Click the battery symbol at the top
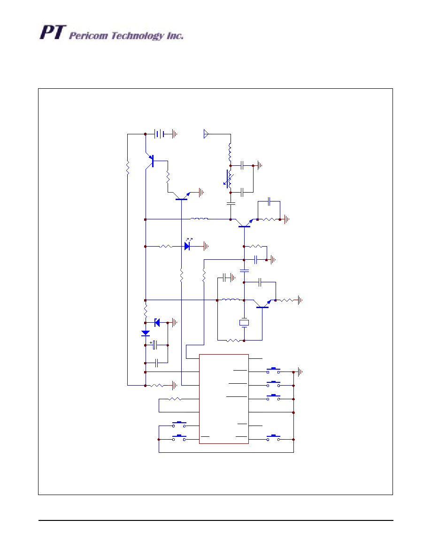point(160,134)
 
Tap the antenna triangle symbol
point(206,134)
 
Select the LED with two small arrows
point(187,246)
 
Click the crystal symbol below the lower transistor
point(244,323)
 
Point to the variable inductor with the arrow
point(229,179)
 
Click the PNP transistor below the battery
point(151,161)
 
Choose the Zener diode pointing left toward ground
point(157,322)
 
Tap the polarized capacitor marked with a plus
point(155,345)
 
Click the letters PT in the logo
point(51,33)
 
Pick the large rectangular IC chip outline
point(224,398)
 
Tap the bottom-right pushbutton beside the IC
point(273,439)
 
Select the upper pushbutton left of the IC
point(179,426)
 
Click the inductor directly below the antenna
point(230,151)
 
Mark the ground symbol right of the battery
point(175,134)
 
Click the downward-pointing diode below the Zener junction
point(146,333)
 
